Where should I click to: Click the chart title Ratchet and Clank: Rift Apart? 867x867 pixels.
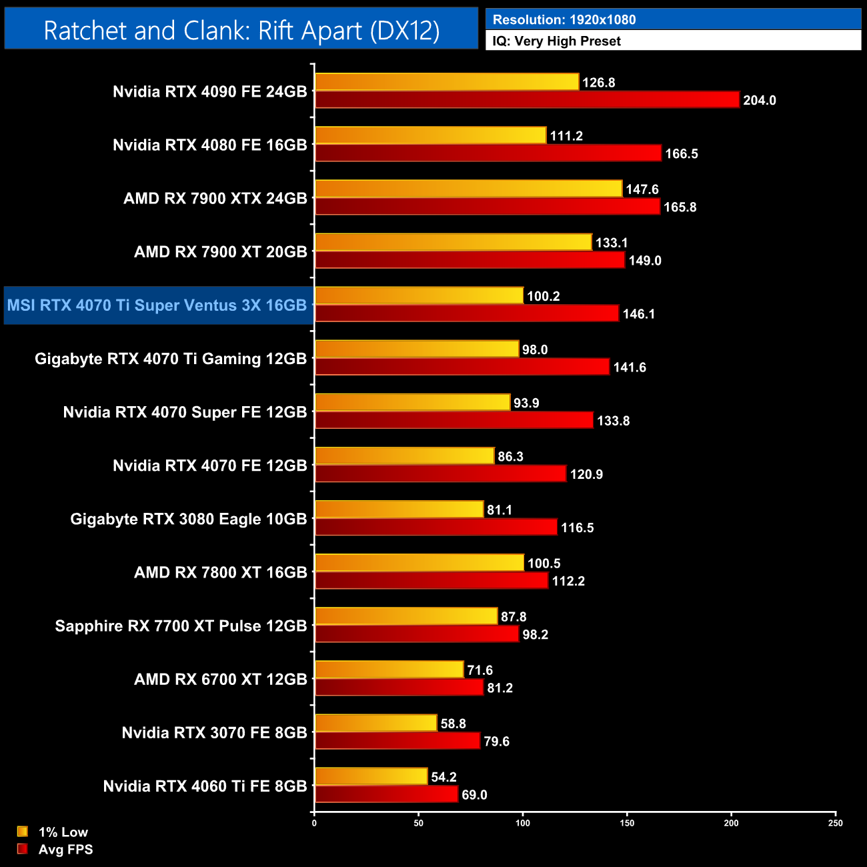pyautogui.click(x=241, y=30)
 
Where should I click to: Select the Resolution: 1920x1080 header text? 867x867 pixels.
pyautogui.click(x=564, y=19)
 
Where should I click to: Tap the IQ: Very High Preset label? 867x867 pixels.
pyautogui.click(x=556, y=41)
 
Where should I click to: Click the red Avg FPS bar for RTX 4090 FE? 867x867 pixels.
pyautogui.click(x=527, y=100)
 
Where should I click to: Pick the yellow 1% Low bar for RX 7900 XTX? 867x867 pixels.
pyautogui.click(x=468, y=189)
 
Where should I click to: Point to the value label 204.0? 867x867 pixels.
pyautogui.click(x=759, y=100)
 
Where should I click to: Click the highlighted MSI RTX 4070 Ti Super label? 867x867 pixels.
pyautogui.click(x=157, y=305)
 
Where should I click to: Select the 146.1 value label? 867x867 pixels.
pyautogui.click(x=638, y=313)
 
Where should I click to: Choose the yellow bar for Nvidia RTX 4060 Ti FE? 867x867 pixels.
pyautogui.click(x=371, y=776)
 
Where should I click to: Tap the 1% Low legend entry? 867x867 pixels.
pyautogui.click(x=63, y=832)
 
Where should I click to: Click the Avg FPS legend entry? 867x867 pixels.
pyautogui.click(x=65, y=849)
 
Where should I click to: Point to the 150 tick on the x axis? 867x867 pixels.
pyautogui.click(x=627, y=823)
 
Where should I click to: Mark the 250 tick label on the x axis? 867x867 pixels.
pyautogui.click(x=835, y=823)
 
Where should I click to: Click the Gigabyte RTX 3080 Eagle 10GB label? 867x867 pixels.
pyautogui.click(x=189, y=519)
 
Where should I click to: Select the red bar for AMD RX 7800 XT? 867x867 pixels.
pyautogui.click(x=431, y=581)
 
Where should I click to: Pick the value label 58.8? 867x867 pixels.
pyautogui.click(x=453, y=724)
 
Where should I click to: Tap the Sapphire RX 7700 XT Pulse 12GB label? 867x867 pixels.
pyautogui.click(x=181, y=626)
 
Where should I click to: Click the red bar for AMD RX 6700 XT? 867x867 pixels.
pyautogui.click(x=399, y=688)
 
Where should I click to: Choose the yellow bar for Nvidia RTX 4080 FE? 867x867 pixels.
pyautogui.click(x=430, y=135)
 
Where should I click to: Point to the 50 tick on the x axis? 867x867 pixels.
pyautogui.click(x=418, y=823)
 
